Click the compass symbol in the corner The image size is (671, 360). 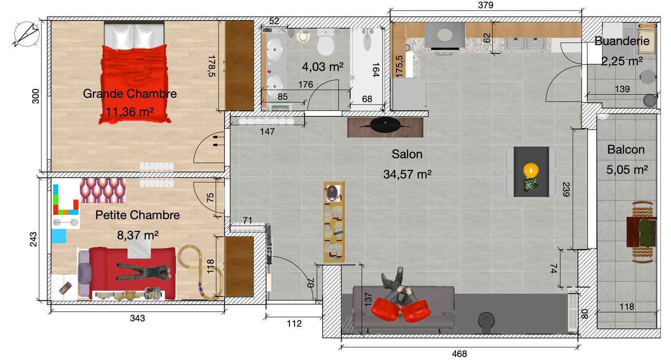pos(26,34)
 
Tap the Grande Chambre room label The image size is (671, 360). pos(130,94)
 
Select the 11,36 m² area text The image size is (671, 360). pos(130,112)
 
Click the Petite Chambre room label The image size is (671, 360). pos(137,215)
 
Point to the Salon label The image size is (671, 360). pos(407,154)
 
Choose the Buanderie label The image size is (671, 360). pos(622,41)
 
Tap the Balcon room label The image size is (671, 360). pos(626,150)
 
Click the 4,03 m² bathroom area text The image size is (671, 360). pos(323,67)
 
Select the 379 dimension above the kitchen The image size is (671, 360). pos(485,5)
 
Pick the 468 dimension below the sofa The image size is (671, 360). pos(459,354)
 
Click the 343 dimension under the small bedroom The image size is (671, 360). pos(137,318)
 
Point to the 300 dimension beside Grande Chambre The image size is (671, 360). pos(35,96)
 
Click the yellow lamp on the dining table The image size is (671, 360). pos(531,170)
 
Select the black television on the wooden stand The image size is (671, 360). pos(385,125)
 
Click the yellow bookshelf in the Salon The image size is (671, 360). pos(334,222)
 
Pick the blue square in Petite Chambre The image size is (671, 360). pos(59,236)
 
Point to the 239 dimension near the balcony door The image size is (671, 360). pos(566,190)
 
